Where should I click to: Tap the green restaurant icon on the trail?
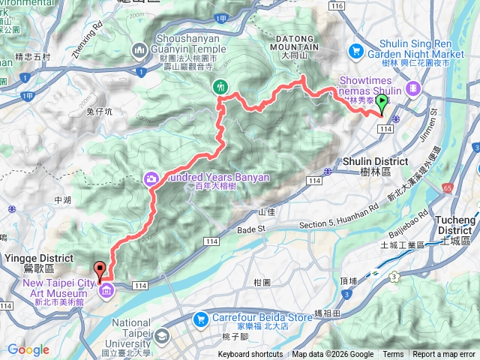[x=220, y=86]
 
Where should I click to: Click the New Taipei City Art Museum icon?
[x=106, y=290]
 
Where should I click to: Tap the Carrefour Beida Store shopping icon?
[x=199, y=319]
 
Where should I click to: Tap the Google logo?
[x=28, y=350]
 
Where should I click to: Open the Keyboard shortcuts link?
[x=250, y=355]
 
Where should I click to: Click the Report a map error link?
[x=444, y=355]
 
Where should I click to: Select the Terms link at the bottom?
[x=393, y=355]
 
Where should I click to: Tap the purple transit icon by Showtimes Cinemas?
[x=412, y=88]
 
